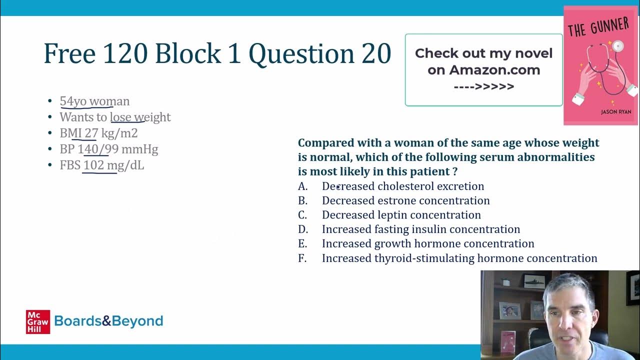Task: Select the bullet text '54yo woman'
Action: (94, 101)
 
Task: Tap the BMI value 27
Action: (91, 133)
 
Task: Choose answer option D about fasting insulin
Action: (420, 229)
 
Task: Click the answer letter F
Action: (302, 258)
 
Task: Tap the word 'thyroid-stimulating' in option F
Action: (424, 258)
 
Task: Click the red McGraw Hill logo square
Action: (38, 321)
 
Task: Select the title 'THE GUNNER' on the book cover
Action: (597, 26)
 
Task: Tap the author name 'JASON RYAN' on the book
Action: (616, 112)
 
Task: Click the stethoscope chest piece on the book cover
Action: (618, 46)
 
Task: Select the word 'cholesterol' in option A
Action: (405, 186)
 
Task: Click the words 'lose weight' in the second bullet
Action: (140, 117)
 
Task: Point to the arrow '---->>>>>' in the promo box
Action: (483, 86)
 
